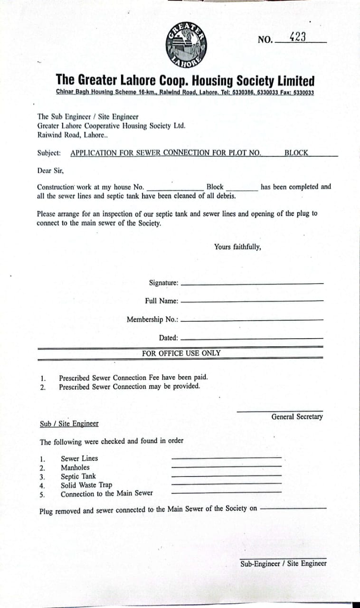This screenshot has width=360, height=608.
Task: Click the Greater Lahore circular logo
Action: (x=186, y=44)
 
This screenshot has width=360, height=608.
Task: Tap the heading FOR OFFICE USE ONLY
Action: (x=181, y=353)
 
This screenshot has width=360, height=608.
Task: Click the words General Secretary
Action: (x=297, y=417)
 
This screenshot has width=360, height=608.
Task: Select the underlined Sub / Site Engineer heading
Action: (x=69, y=424)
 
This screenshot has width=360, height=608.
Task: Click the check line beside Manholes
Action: (x=226, y=467)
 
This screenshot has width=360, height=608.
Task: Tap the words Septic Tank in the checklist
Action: (x=78, y=476)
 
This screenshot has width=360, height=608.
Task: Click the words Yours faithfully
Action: (x=237, y=247)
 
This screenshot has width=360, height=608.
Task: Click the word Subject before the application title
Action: (x=49, y=153)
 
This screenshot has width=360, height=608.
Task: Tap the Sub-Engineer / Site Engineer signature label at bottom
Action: (x=283, y=563)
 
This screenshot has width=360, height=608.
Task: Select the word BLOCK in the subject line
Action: (x=296, y=153)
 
